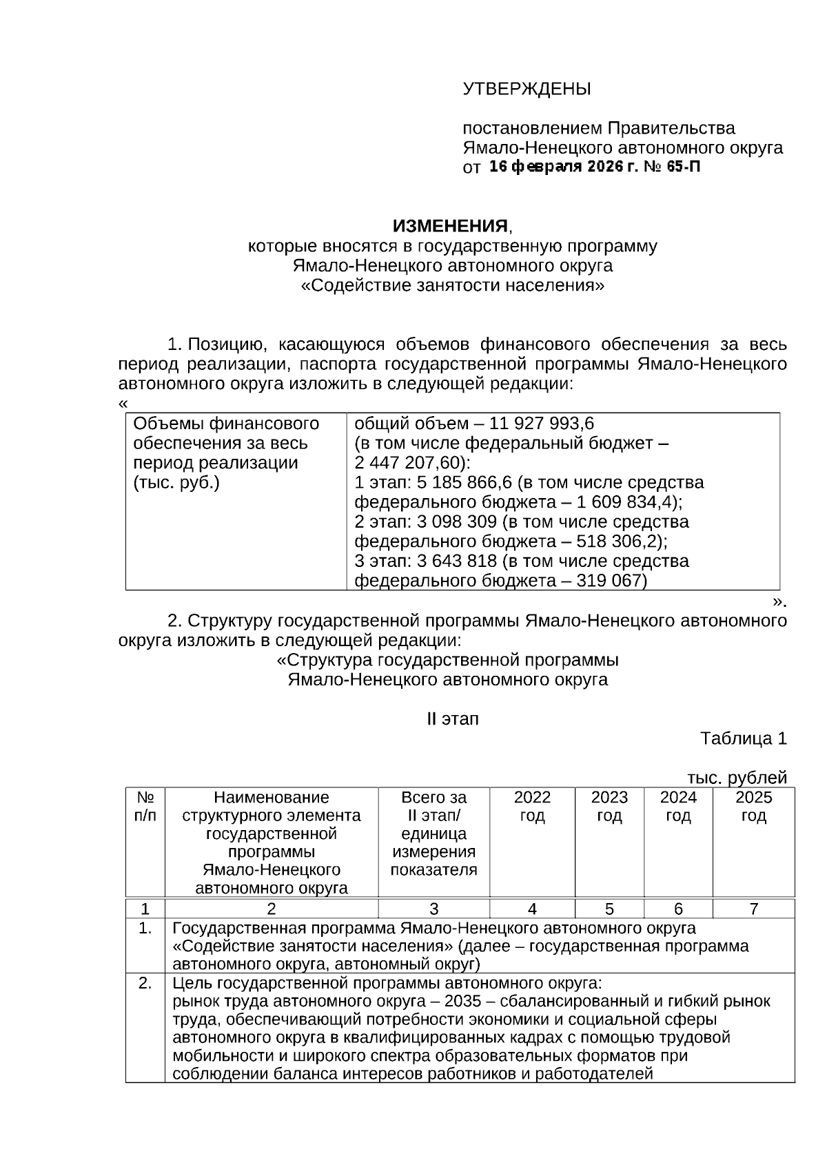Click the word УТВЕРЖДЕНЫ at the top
(527, 89)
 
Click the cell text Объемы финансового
(226, 423)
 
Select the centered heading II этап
(452, 719)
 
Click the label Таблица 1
(743, 738)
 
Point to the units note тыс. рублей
(737, 778)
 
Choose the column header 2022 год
(532, 807)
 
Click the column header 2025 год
(753, 807)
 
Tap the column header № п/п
(145, 807)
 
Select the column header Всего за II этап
(433, 807)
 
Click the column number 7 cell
(753, 909)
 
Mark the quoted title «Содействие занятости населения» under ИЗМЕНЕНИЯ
(452, 285)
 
